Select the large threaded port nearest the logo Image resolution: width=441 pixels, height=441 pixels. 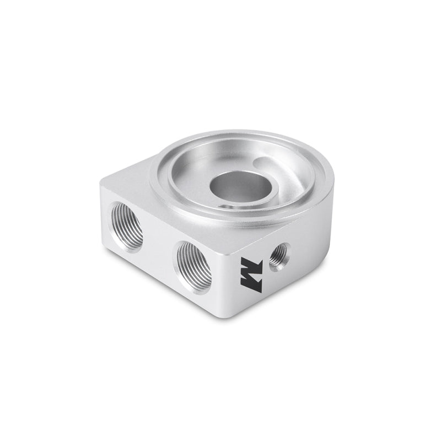tap(194, 266)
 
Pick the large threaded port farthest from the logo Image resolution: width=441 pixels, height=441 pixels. tap(127, 227)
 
